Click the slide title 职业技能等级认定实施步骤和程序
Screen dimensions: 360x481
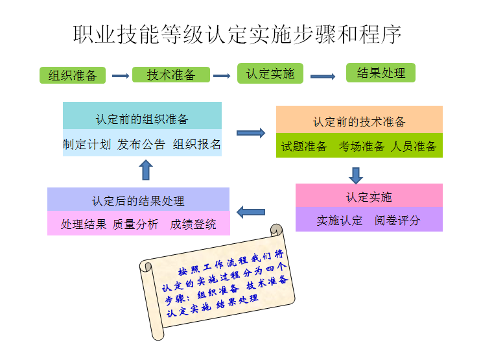tap(237, 34)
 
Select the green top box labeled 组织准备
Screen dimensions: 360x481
tap(73, 75)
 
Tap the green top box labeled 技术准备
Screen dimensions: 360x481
tap(171, 75)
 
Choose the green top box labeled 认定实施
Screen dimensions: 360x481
tap(270, 73)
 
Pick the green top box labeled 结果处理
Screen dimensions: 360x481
tap(381, 73)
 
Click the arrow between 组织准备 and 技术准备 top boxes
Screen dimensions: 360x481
tap(121, 76)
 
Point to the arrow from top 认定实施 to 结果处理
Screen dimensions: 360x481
tap(322, 77)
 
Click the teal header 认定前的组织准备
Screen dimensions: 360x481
tap(142, 119)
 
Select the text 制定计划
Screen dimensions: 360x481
tap(87, 144)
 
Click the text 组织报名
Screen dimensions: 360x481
tap(197, 144)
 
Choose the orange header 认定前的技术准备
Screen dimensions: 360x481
tap(359, 121)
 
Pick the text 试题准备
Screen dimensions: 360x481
tap(304, 147)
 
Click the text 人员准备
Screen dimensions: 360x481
tap(414, 147)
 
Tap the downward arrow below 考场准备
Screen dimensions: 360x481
tap(355, 174)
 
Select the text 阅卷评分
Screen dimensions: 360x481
tap(397, 221)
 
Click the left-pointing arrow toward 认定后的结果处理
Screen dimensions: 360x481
tap(251, 211)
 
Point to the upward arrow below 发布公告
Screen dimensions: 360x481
tap(146, 170)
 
